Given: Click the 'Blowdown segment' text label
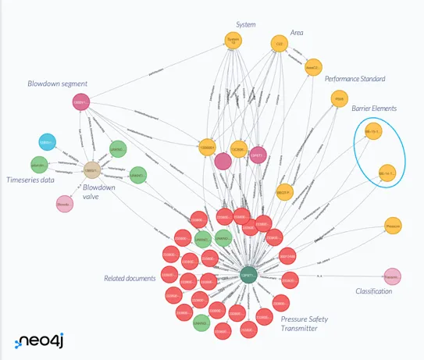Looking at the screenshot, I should click(58, 84).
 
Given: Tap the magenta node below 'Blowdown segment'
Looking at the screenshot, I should click(81, 102).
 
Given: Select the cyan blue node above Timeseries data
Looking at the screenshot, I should click(48, 142).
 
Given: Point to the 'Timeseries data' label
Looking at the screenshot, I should click(30, 180).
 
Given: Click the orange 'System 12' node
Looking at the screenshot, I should click(232, 41).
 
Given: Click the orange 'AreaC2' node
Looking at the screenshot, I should click(313, 68).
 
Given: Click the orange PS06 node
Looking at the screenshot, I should click(339, 99).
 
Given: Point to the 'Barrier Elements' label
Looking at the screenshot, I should click(373, 108).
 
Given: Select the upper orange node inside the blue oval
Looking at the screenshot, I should click(373, 132).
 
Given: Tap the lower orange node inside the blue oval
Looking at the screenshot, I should click(387, 173).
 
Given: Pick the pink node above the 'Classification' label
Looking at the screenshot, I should click(392, 276).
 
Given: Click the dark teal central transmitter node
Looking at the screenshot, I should click(248, 276).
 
